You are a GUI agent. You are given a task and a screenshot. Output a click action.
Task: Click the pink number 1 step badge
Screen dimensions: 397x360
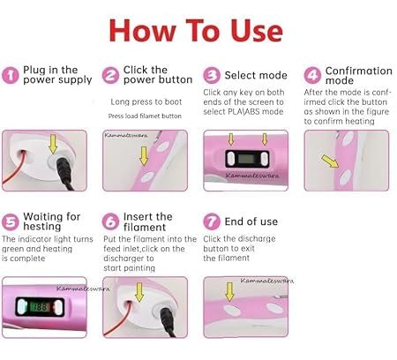click(11, 75)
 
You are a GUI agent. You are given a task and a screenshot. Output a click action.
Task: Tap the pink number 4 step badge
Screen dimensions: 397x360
click(312, 75)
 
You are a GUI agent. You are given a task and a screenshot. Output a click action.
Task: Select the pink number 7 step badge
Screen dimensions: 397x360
click(212, 221)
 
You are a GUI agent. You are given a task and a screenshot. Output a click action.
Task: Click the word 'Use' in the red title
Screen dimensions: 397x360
click(257, 31)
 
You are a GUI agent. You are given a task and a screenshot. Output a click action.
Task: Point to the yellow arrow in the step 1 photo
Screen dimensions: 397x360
click(53, 144)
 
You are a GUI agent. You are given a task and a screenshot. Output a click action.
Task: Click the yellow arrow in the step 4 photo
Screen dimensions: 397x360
click(330, 161)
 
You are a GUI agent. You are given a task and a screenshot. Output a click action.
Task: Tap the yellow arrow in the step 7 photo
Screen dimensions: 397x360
click(229, 292)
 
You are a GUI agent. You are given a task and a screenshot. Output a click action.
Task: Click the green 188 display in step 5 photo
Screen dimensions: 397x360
click(39, 307)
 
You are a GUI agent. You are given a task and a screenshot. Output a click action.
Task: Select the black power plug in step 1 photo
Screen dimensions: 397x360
click(65, 174)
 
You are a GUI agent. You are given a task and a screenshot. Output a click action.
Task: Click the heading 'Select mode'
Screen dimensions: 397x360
click(256, 75)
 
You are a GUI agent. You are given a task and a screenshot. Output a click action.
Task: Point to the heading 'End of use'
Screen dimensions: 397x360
click(251, 221)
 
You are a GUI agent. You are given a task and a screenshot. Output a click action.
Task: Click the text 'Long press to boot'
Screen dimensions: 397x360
click(146, 101)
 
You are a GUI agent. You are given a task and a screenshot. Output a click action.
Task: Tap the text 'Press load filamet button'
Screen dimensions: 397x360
click(145, 116)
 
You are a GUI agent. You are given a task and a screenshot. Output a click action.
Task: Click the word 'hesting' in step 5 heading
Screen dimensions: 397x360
click(42, 227)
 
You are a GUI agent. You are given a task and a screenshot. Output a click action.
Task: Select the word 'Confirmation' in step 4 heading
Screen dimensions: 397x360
click(359, 71)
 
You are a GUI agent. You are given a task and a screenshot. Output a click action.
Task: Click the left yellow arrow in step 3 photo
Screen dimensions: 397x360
click(231, 139)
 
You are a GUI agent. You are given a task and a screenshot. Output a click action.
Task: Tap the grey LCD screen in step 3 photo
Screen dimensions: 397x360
click(245, 159)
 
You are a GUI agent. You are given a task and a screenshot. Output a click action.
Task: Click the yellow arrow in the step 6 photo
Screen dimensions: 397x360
click(139, 292)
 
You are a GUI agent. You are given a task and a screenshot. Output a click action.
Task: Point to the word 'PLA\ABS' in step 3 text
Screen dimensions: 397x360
click(244, 112)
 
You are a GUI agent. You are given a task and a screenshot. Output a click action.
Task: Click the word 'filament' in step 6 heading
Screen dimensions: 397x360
click(145, 227)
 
